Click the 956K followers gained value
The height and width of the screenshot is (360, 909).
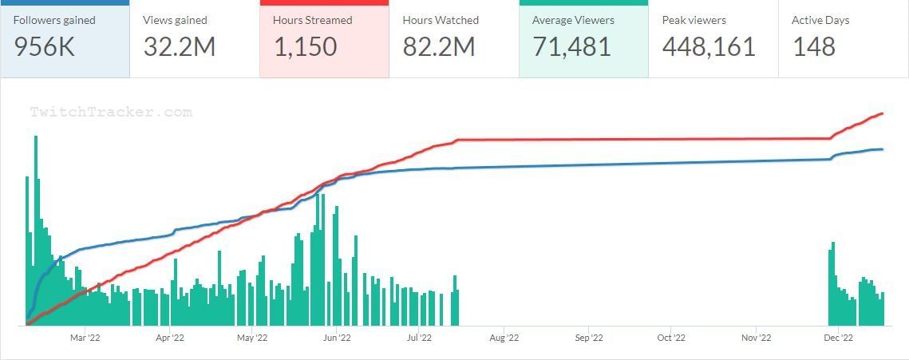tap(44, 46)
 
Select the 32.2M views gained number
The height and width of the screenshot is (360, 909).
tap(180, 46)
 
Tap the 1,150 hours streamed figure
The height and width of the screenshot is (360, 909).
tap(305, 46)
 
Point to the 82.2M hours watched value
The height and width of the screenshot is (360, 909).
tap(438, 46)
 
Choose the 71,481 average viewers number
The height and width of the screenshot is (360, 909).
tap(571, 46)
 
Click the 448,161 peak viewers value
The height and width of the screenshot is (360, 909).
tap(709, 46)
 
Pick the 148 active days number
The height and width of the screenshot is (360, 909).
tap(813, 46)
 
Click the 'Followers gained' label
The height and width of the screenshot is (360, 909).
tap(54, 20)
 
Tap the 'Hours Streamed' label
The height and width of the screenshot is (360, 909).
tap(312, 20)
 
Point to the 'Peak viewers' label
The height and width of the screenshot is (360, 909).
tap(694, 20)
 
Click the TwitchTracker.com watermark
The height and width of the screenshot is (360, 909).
tap(111, 113)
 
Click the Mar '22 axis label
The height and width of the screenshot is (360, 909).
tap(85, 338)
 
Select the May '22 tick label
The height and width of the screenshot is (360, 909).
tap(252, 338)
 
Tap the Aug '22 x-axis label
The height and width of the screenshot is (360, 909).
tap(504, 338)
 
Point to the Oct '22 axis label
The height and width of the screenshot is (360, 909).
tap(671, 338)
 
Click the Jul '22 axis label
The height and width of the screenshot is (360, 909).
tap(420, 338)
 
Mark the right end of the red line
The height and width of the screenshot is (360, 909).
tap(883, 113)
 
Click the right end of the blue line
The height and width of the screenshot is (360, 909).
tap(883, 149)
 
